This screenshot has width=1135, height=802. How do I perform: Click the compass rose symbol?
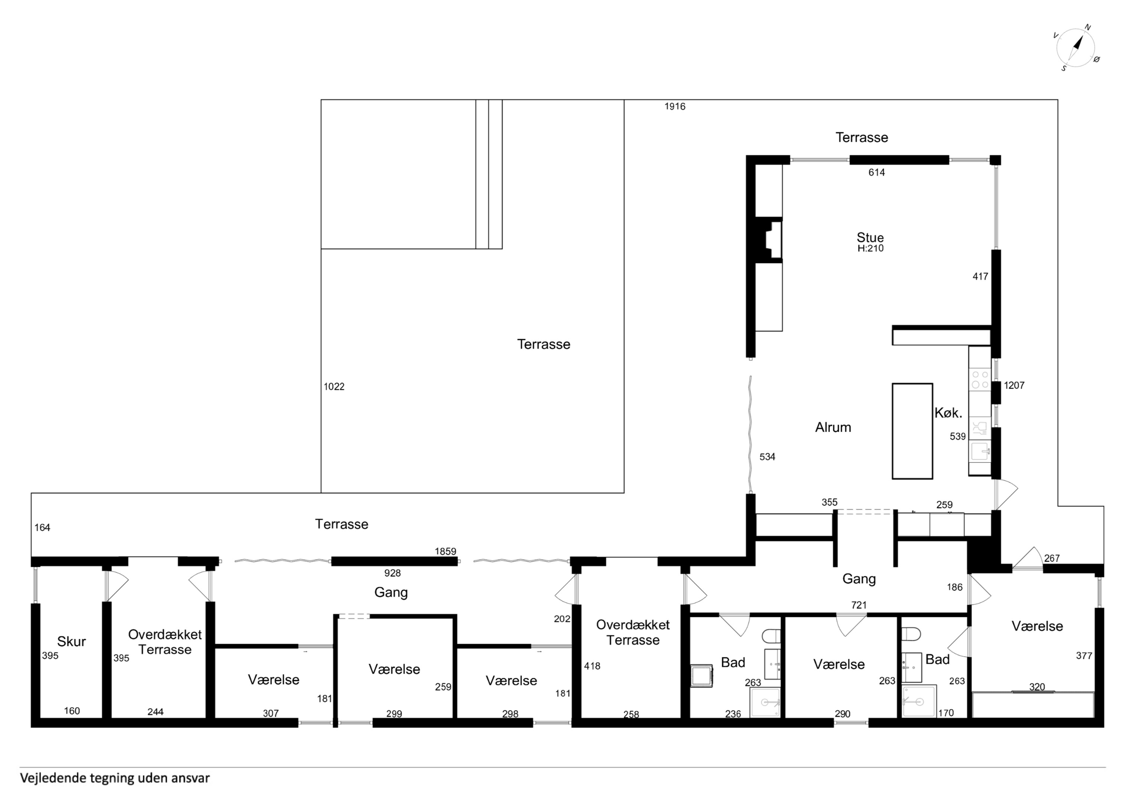pos(1075,48)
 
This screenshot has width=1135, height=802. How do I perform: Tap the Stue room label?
pos(870,237)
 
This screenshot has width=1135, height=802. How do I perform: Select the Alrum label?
pos(833,427)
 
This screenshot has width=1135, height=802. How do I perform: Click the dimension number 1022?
pos(334,387)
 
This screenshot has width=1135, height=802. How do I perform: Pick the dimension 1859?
pos(445,551)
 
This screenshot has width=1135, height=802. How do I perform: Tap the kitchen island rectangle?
pos(912,431)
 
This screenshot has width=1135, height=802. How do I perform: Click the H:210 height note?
pos(870,248)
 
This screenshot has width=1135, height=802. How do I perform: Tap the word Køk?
pos(948,413)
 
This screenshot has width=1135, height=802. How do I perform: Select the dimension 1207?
pos(1014,385)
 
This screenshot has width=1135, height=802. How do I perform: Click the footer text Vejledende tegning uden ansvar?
pos(115,778)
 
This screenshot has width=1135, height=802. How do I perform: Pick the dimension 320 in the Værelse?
pos(1037,687)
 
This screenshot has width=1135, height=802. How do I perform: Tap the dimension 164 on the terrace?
pos(42,528)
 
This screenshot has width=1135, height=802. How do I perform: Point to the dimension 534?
pos(767,457)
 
